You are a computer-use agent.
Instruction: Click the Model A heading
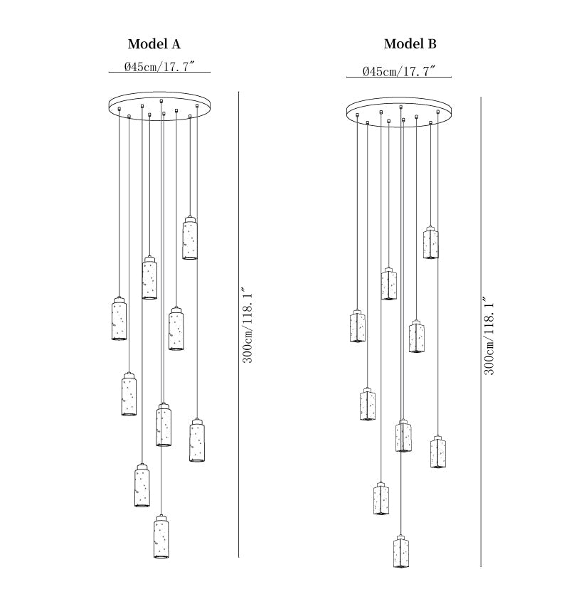point(154,44)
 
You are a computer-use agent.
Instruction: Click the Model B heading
point(410,43)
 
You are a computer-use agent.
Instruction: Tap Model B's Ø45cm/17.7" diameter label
point(399,71)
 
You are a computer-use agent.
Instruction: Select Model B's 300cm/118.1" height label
point(489,337)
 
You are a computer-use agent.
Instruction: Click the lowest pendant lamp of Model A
point(161,536)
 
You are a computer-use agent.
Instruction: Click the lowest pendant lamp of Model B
point(401,551)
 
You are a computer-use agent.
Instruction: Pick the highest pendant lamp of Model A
point(190,238)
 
